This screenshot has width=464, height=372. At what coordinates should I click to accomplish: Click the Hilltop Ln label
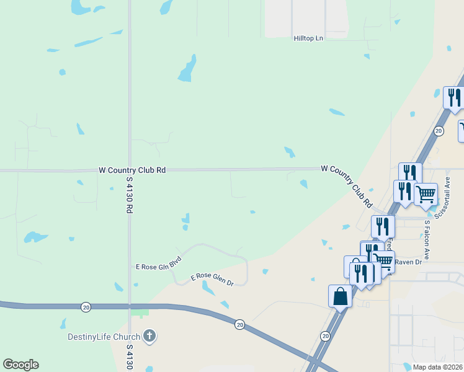(x=309, y=38)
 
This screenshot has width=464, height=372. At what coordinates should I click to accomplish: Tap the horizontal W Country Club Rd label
(x=132, y=169)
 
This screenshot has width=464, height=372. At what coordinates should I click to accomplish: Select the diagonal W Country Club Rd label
(x=346, y=185)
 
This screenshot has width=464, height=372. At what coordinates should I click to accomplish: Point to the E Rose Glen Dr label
(x=212, y=280)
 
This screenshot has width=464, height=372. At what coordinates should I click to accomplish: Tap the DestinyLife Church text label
(x=103, y=337)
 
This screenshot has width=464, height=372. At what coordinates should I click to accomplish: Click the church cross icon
(x=149, y=337)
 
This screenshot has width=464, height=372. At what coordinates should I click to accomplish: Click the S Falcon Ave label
(x=427, y=239)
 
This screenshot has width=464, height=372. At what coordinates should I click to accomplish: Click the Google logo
(x=20, y=365)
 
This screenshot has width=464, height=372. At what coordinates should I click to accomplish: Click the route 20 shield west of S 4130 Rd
(x=86, y=307)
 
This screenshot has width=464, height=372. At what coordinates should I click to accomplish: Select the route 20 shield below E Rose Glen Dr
(x=240, y=324)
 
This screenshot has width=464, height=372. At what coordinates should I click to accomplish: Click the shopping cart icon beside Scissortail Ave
(x=426, y=194)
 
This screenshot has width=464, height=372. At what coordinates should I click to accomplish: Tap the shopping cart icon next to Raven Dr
(x=383, y=262)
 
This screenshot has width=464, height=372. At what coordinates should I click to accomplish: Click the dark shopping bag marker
(x=341, y=296)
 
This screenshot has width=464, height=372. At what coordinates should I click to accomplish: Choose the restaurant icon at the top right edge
(x=453, y=98)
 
